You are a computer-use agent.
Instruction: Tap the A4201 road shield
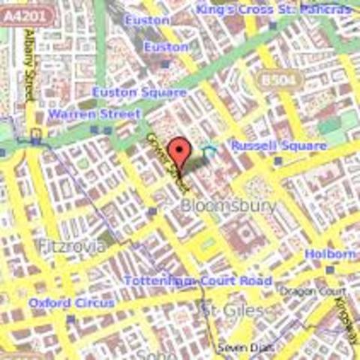(19, 12)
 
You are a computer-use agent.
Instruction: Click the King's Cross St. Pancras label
(273, 10)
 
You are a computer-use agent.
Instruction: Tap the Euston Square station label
(139, 92)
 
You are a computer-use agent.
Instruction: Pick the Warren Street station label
(94, 114)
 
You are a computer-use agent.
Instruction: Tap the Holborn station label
(330, 255)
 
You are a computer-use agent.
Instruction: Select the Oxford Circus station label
(72, 302)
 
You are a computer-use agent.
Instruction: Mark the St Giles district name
(232, 309)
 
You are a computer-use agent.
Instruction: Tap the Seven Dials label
(236, 347)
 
